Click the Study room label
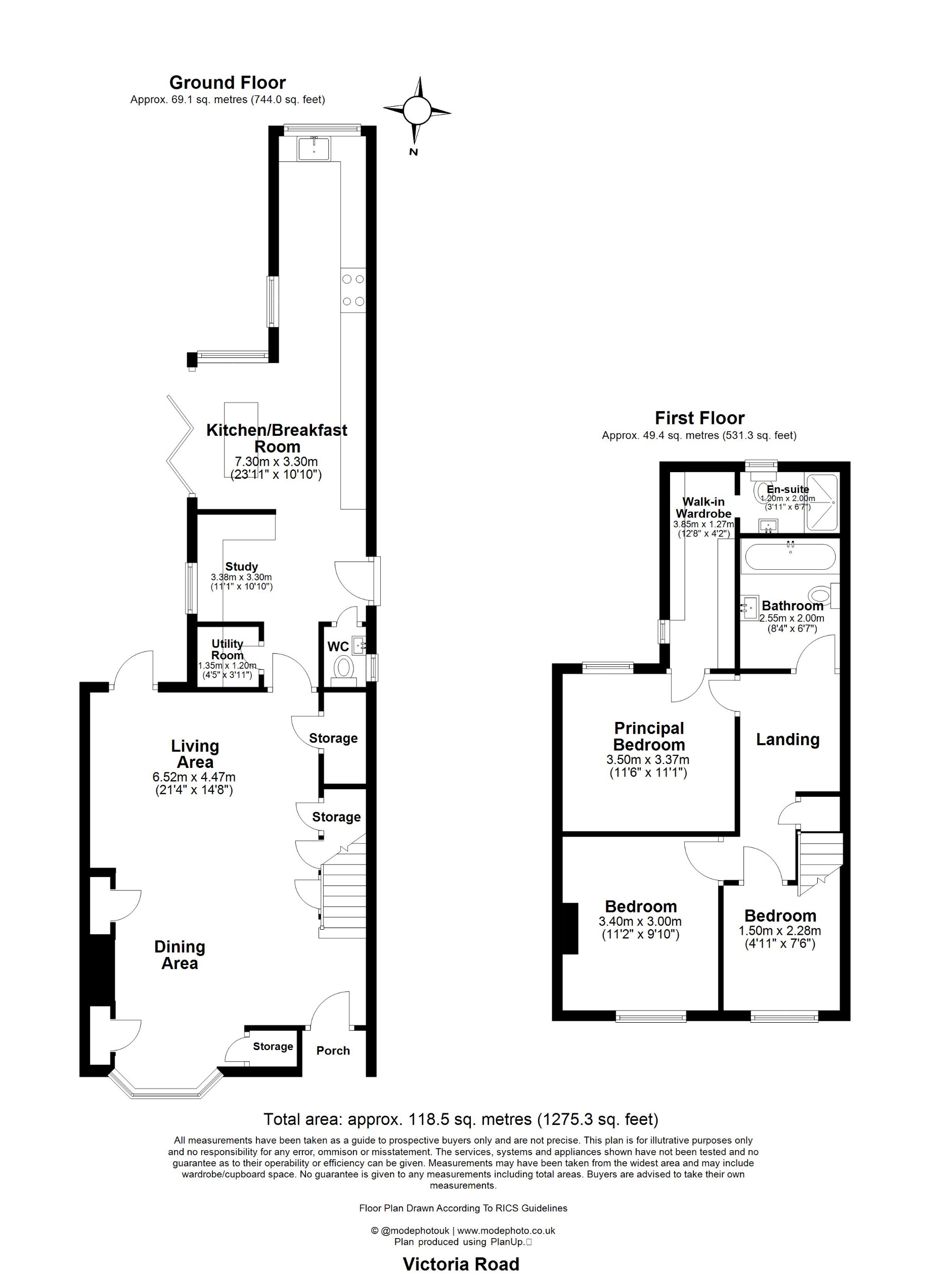point(242,566)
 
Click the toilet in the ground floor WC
point(343,668)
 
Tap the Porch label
point(333,1051)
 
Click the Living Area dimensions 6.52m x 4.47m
point(194,778)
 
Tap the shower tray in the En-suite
point(822,503)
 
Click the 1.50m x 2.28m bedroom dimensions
point(780,931)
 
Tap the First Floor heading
point(699,418)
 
